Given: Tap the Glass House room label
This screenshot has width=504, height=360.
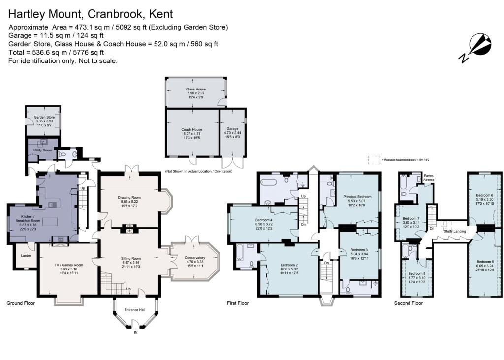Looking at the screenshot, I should [x=196, y=89].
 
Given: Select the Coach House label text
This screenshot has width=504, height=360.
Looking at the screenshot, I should [x=191, y=130].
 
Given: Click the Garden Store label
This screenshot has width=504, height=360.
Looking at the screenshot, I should [x=44, y=117].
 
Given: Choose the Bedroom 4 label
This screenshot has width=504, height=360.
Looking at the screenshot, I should [x=264, y=220].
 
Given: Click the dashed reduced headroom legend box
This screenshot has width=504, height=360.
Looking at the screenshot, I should [x=374, y=159].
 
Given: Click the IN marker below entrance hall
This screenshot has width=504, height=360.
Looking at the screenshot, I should [x=135, y=333].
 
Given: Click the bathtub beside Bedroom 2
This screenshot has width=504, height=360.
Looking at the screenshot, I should [x=241, y=256].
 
